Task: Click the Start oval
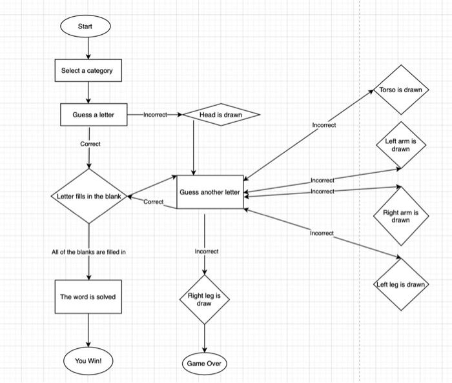(85, 26)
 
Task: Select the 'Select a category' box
(87, 70)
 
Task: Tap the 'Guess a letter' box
(94, 115)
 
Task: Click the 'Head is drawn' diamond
(221, 115)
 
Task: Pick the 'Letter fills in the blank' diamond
(89, 196)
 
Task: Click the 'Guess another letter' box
(210, 192)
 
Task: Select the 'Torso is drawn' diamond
(400, 90)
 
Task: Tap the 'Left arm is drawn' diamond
(401, 145)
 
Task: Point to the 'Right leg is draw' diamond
(204, 299)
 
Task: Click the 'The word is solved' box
(88, 297)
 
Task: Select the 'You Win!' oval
(88, 361)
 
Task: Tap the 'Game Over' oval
(204, 364)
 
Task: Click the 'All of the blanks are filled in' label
(88, 251)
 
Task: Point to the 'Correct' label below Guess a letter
(90, 144)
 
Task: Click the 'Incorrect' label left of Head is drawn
(155, 115)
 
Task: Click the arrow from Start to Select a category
(88, 48)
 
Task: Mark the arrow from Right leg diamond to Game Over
(204, 338)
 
